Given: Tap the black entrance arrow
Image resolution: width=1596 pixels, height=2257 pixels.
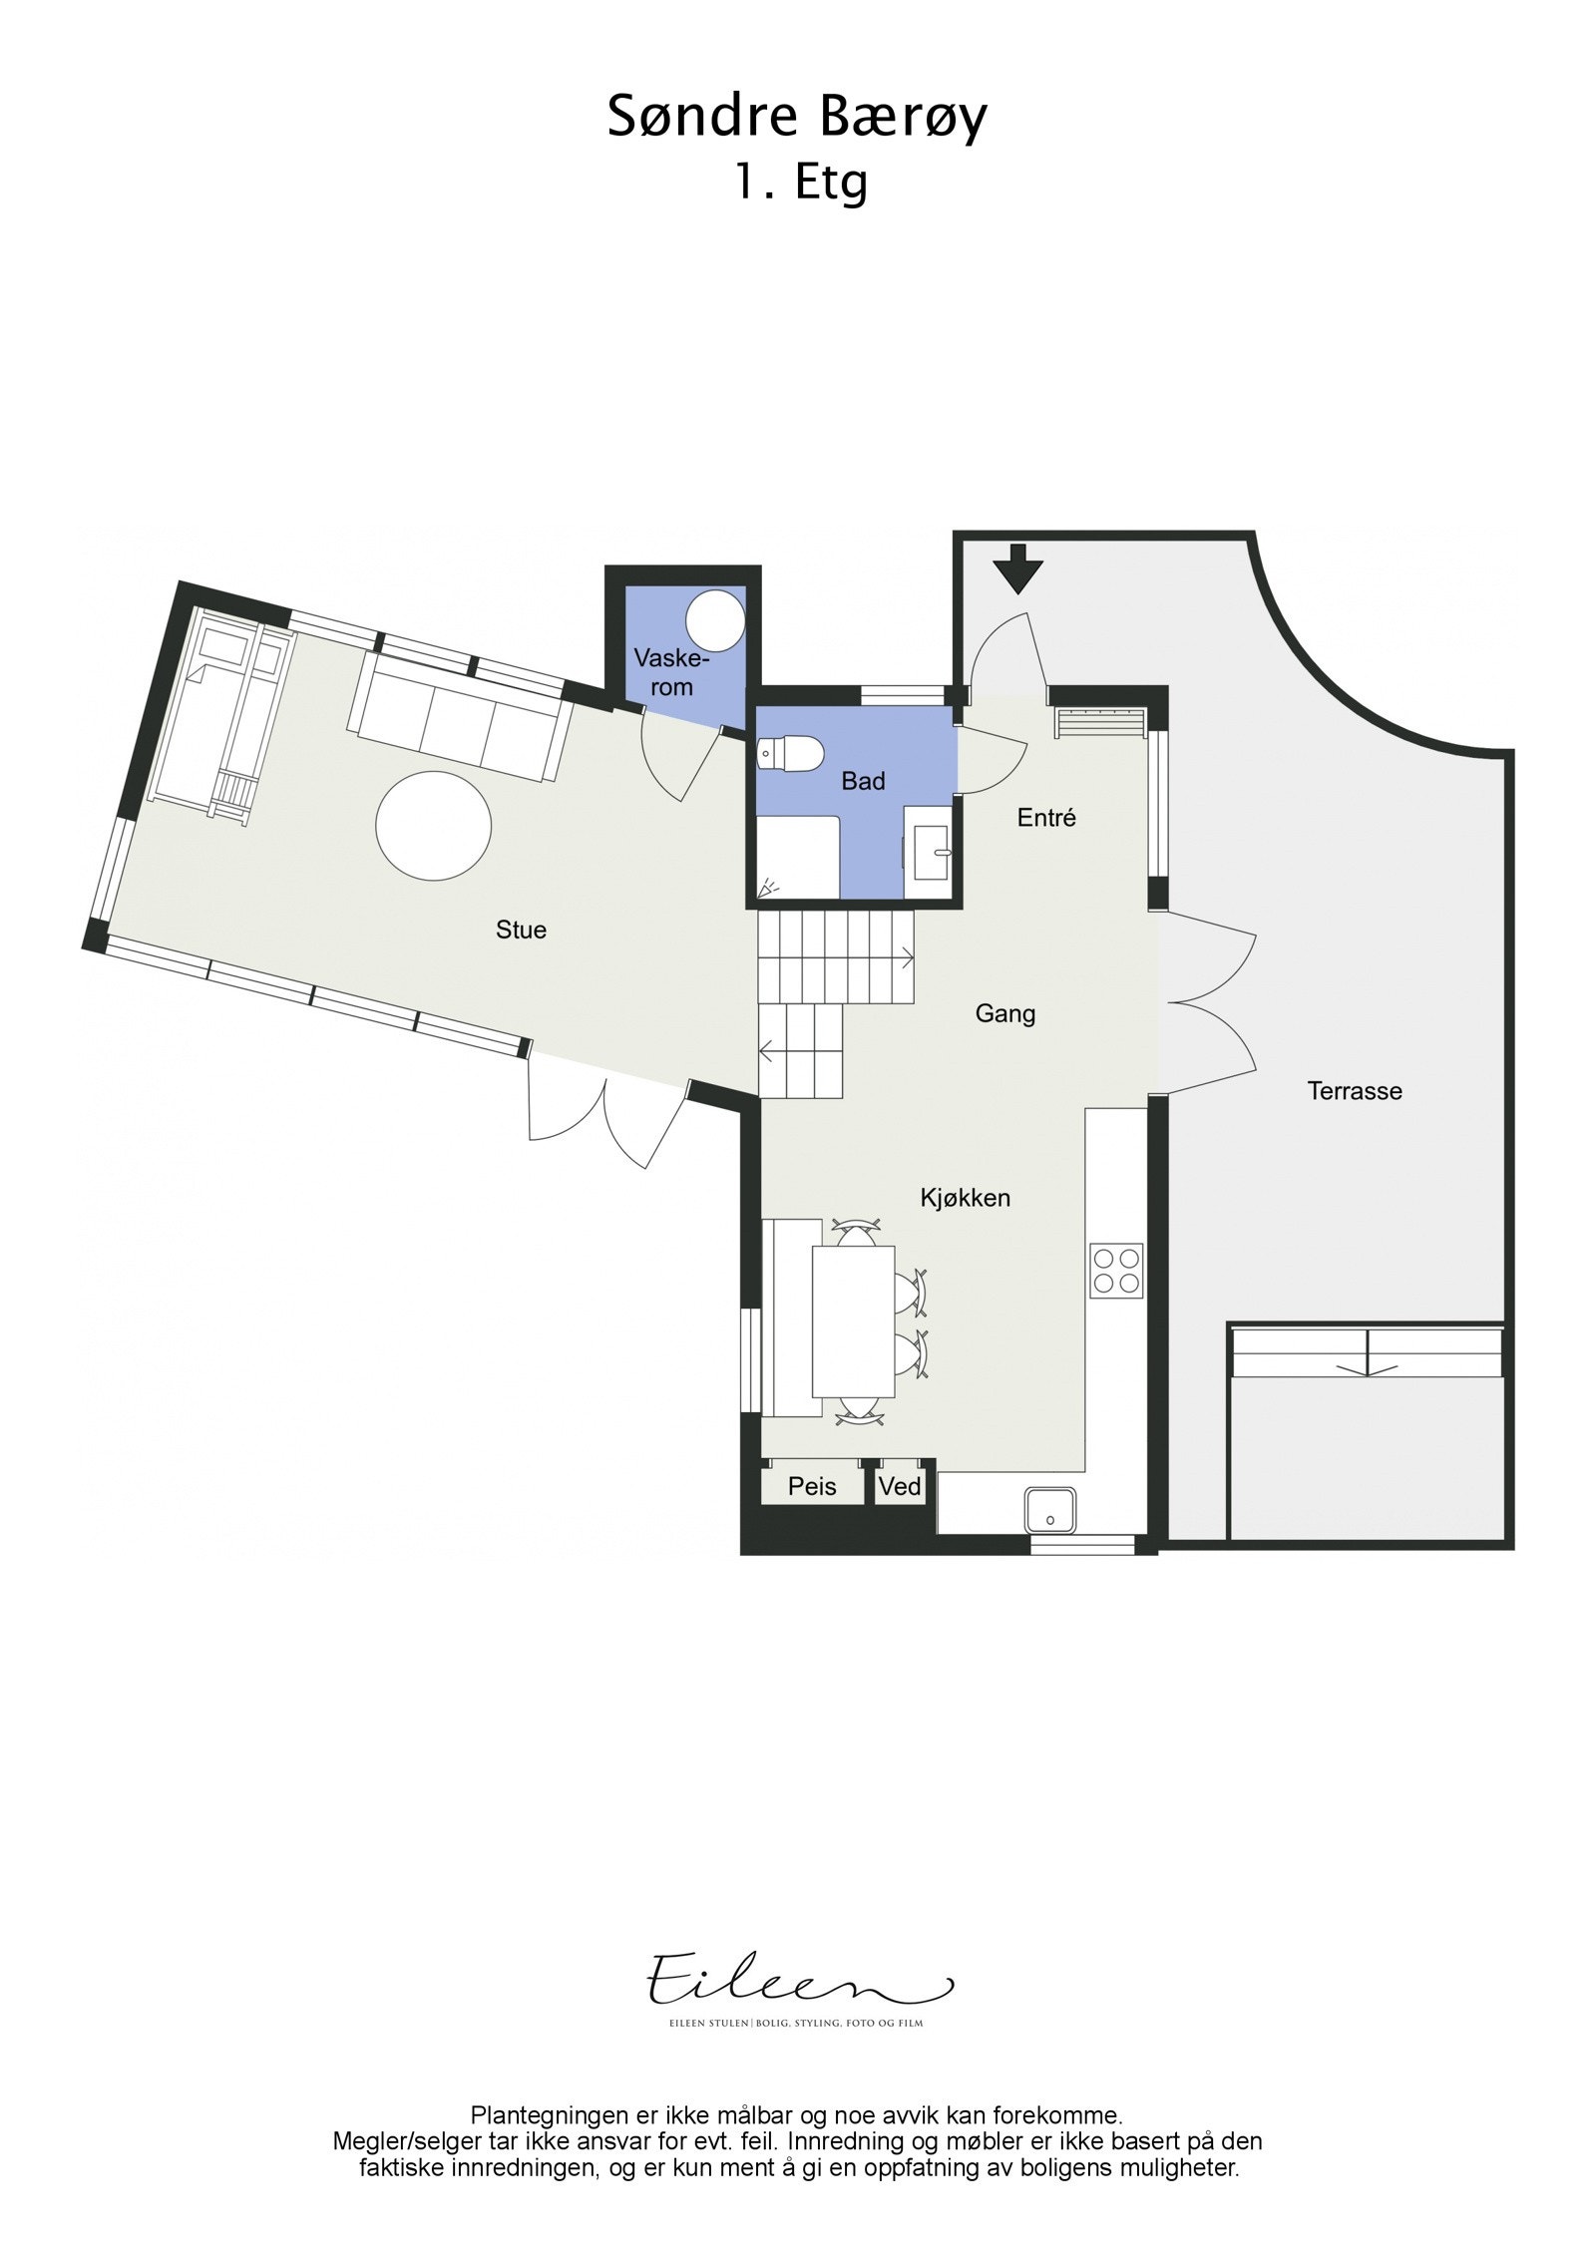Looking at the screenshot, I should point(1017,567).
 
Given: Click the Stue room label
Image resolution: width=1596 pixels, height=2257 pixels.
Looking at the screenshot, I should point(521,930).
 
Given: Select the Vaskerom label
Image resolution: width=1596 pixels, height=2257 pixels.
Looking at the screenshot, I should point(671,673).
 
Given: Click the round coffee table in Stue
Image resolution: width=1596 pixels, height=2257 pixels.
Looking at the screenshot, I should point(434,826).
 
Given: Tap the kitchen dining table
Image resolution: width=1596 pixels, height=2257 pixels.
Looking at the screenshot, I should point(854,1320).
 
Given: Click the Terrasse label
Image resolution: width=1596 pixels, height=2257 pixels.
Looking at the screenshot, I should point(1355,1091).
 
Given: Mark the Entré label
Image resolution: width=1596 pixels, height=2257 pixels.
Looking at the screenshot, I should point(1046,818).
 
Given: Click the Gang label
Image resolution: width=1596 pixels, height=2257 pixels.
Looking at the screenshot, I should point(1005,1014).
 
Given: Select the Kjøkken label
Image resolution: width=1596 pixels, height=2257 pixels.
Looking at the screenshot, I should point(965,1198).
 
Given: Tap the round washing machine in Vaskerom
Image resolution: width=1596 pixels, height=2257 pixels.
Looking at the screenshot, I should point(717,617).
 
